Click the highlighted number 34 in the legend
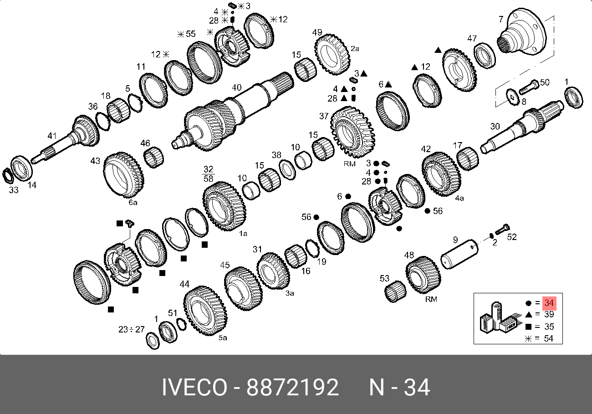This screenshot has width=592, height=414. click(549, 303)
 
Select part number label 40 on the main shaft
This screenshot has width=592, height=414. click(236, 87)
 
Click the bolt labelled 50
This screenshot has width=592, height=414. click(529, 87)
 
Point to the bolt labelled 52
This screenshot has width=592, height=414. click(502, 229)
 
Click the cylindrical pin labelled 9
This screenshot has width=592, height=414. click(459, 254)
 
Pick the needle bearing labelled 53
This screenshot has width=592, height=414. click(395, 291)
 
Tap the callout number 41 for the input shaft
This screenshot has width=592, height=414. click(52, 136)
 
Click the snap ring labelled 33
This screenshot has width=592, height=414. click(8, 175)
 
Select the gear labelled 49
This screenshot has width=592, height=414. click(332, 55)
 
